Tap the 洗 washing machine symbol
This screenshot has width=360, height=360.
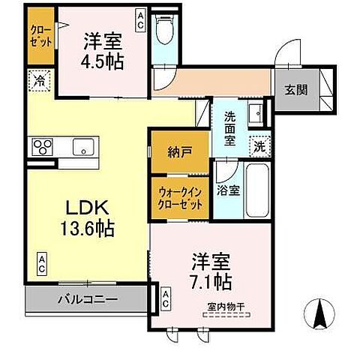click(259, 147)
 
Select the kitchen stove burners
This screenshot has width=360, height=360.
click(41, 146)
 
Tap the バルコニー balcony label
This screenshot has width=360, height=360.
click(86, 301)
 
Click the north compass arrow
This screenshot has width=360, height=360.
click(319, 312)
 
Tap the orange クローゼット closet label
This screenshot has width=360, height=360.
click(40, 35)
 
